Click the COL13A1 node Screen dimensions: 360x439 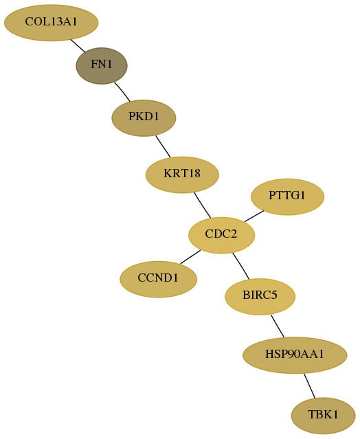[x=52, y=23]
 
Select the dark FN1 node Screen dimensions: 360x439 [x=102, y=66]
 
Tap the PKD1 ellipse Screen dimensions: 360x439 [x=144, y=118]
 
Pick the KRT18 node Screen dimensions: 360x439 [x=182, y=175]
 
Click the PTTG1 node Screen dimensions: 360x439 [x=287, y=196]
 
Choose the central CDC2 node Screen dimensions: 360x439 [x=221, y=235]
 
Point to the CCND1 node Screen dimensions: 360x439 [x=159, y=280]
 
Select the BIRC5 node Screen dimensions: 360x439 [x=260, y=297]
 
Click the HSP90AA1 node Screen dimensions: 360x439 [x=295, y=355]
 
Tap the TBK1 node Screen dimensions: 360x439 [x=324, y=416]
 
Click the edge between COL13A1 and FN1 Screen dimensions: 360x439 [x=78, y=45]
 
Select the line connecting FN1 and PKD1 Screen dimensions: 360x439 [x=122, y=92]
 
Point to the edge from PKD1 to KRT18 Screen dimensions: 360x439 [x=163, y=146]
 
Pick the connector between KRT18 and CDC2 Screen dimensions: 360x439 [x=203, y=205]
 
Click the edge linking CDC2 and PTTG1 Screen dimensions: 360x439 [x=254, y=216]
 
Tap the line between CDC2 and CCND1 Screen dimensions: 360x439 [x=190, y=257]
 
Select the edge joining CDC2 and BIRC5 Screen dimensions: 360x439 [x=240, y=266]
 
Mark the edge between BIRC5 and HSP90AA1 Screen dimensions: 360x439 [x=278, y=326]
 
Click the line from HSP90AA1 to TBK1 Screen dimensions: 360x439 [x=310, y=386]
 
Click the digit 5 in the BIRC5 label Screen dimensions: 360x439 [x=275, y=295]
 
